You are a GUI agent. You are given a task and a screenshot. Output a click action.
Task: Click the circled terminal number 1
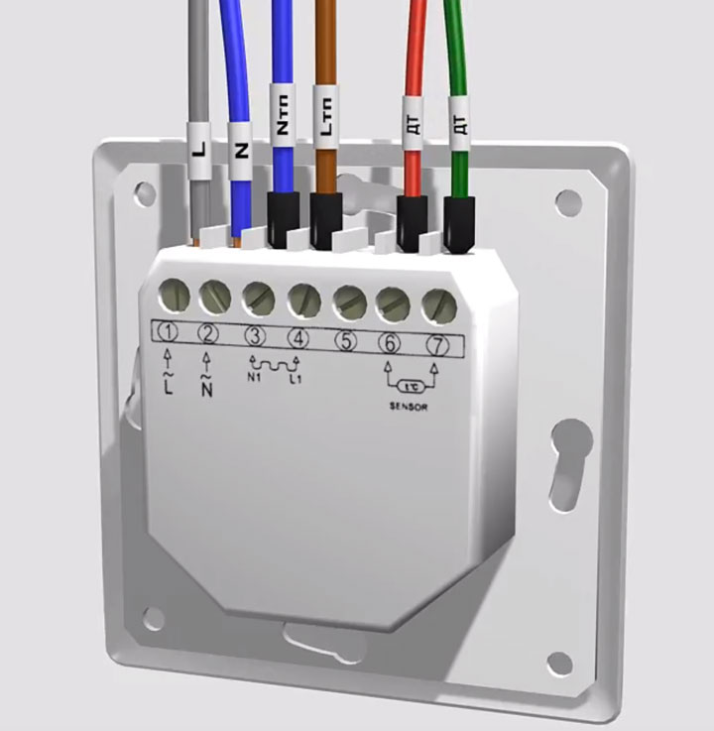169,332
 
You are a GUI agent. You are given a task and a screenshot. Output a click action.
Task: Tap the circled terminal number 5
345,341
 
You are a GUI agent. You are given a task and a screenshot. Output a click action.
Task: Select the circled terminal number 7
437,346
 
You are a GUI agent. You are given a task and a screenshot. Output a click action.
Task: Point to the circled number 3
255,336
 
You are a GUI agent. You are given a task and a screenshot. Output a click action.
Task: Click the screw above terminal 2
215,297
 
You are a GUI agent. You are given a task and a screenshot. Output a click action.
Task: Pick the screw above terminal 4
303,300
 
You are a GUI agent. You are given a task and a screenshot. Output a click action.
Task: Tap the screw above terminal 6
393,305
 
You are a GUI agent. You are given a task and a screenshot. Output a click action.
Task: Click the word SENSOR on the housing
409,407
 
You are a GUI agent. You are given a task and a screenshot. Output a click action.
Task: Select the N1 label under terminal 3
254,377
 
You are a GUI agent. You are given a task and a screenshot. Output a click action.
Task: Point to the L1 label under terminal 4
296,379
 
